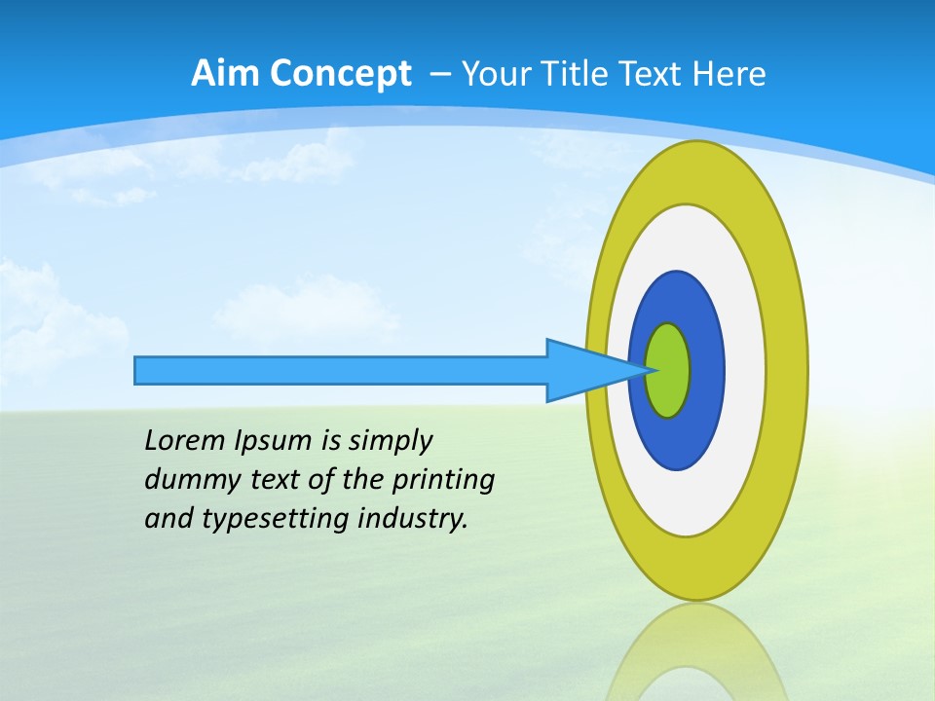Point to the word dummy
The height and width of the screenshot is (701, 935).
point(188,480)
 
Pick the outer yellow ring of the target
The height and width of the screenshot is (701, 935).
point(785,370)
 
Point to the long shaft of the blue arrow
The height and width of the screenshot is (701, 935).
point(341,370)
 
